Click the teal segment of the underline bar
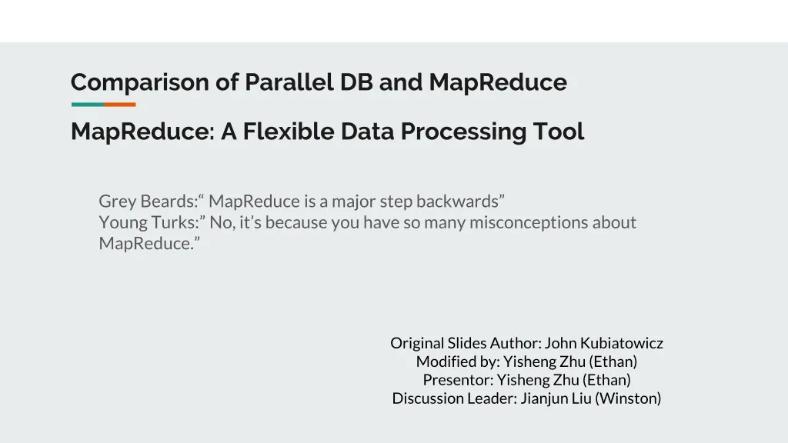[87, 105]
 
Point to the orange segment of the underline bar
[119, 105]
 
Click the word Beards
[168, 202]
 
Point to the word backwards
[460, 202]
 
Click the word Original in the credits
[416, 343]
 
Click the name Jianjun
[545, 398]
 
